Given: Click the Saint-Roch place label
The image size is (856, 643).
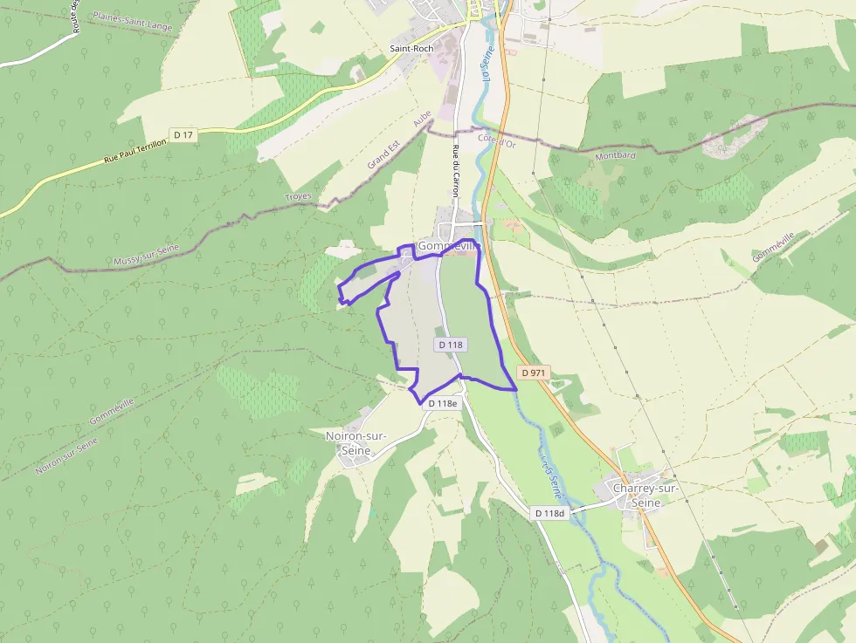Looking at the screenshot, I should (x=411, y=49).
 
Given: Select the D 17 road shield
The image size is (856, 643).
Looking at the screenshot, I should (x=183, y=134).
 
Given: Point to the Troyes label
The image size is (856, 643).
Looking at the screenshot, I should (x=298, y=197).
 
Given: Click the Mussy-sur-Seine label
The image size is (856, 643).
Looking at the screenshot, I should (x=146, y=255).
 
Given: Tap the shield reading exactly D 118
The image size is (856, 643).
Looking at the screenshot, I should (x=451, y=345).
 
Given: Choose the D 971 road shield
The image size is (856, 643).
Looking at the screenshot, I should (x=533, y=373).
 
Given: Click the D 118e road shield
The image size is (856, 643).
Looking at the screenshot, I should (x=443, y=403).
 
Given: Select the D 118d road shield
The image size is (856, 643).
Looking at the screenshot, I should (x=550, y=513).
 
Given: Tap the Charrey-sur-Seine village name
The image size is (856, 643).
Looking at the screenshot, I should (x=645, y=496).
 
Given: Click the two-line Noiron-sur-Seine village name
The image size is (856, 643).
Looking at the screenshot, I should (x=356, y=442).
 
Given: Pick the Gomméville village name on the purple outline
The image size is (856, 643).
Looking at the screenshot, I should (x=449, y=246).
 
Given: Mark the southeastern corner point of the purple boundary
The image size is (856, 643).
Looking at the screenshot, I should (x=516, y=389).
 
